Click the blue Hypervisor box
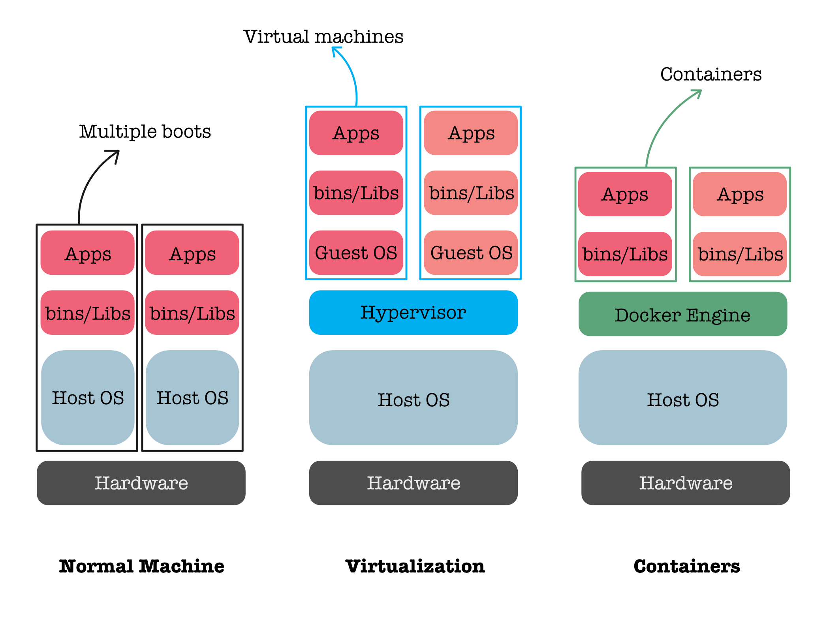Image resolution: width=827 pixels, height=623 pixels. [413, 312]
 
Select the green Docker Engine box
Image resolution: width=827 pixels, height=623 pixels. [682, 314]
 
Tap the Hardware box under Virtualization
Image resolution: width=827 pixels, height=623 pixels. [413, 482]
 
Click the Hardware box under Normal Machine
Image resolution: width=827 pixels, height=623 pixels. [141, 482]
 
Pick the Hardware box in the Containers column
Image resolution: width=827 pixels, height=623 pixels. [686, 482]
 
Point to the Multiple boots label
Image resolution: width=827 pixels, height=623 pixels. [145, 131]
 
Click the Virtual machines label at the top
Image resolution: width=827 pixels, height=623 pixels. [323, 37]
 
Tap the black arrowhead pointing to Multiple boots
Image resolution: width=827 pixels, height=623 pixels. [115, 154]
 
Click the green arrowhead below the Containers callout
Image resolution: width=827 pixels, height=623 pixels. [697, 93]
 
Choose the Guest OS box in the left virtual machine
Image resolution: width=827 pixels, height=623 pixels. [356, 253]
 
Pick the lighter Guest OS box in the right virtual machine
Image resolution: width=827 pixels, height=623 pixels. [471, 253]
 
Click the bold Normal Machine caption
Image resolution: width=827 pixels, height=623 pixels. [142, 566]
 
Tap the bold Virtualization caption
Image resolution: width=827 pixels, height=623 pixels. [415, 566]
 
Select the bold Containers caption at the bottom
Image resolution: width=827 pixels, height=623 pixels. [687, 566]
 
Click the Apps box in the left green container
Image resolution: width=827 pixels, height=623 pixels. [625, 194]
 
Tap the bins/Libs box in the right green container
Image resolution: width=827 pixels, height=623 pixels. [740, 254]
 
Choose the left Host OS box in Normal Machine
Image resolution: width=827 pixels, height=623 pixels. [88, 397]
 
